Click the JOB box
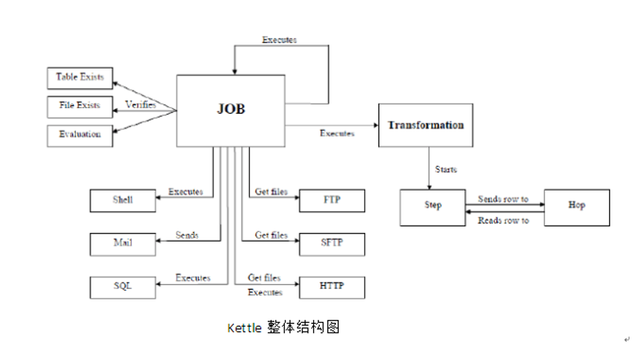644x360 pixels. coord(231,110)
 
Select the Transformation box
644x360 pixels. coord(426,125)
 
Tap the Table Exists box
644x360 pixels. coord(80,77)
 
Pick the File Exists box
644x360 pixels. coord(80,106)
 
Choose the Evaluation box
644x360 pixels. coord(80,135)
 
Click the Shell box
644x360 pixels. coord(123,200)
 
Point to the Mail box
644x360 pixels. coord(123,243)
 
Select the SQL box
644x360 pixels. coord(123,286)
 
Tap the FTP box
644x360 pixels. coord(331,200)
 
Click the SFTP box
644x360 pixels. coord(331,243)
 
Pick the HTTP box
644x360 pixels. coord(331,286)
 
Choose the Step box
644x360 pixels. coord(432,206)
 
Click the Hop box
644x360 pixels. coord(577,206)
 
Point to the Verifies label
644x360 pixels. coord(141,105)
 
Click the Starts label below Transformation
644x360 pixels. coord(445,169)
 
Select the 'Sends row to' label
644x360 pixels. coord(503,199)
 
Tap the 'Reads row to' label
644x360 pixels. coord(503,220)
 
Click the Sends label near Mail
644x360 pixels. coord(187,236)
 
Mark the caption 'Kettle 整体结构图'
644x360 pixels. coord(283,327)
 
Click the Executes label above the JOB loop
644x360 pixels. coord(280,39)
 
